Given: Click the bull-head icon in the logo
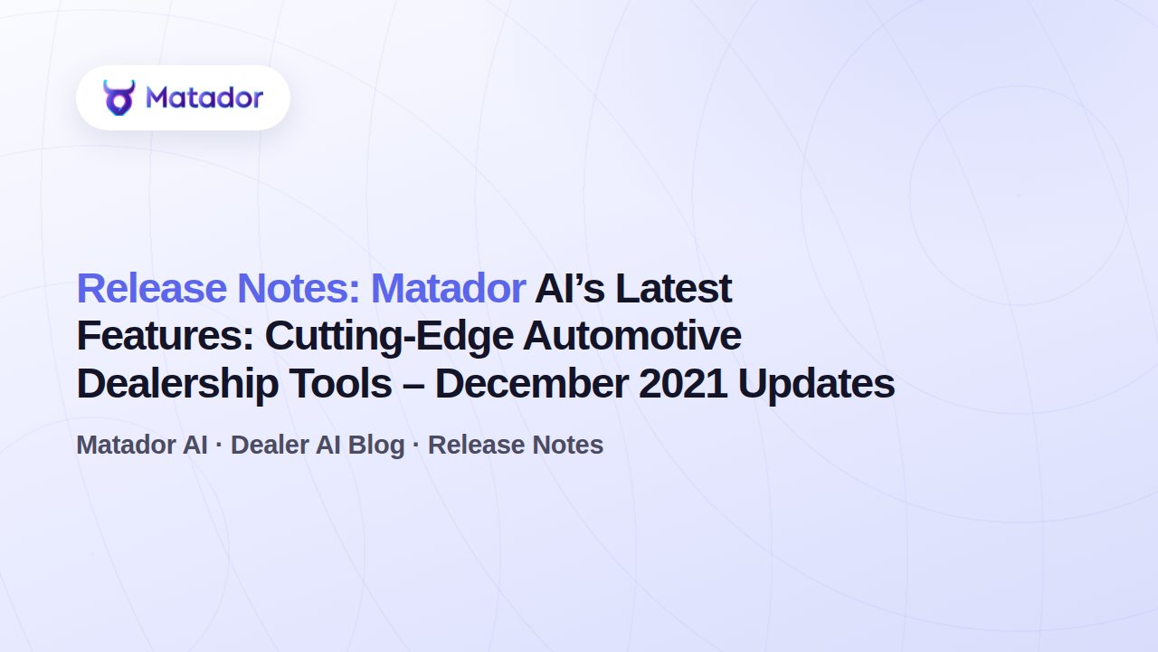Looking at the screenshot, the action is pos(119,97).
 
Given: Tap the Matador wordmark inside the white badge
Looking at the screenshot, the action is pos(204,97).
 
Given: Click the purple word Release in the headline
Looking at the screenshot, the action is pos(152,288).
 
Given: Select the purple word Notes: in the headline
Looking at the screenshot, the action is pos(299,288).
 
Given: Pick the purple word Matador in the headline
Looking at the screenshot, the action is pos(448,288).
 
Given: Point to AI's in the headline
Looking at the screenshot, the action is pos(570,288).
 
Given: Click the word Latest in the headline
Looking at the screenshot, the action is pos(674,288).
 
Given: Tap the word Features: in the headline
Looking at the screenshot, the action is pos(166,336).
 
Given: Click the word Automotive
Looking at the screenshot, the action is pos(632,336).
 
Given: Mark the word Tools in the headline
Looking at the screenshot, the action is pos(340,383).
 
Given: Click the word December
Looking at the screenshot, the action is pos(531,383).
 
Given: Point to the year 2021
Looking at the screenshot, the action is pos(682,383).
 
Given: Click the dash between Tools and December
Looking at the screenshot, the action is pos(413,386).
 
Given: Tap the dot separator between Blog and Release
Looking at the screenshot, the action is pos(416,444).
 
